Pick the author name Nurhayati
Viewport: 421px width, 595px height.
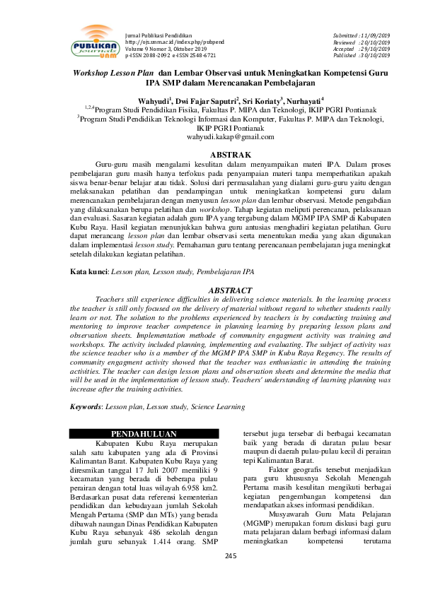coord(302,100)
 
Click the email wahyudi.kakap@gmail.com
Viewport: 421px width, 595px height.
coord(210,137)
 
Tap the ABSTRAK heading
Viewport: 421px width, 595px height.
coord(211,153)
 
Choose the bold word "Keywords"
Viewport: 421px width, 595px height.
coord(86,408)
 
